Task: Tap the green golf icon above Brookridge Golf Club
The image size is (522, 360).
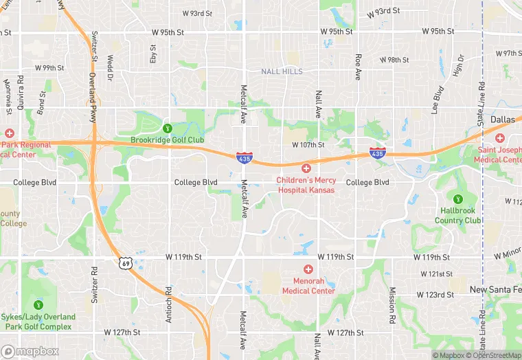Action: (167, 128)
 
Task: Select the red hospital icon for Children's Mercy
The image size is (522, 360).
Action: (306, 168)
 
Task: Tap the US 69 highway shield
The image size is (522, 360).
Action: (124, 262)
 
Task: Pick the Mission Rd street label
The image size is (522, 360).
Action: (392, 305)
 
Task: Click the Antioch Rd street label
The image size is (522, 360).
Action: (169, 302)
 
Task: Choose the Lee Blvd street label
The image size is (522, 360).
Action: (438, 99)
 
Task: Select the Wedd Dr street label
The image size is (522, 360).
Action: (109, 69)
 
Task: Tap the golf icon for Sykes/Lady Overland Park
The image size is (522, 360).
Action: (38, 304)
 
